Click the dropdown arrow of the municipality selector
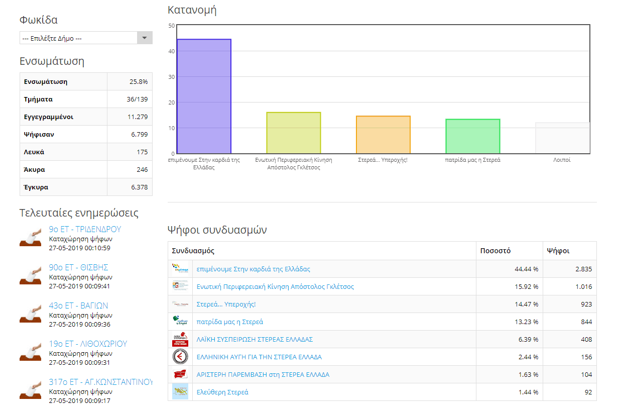click(x=145, y=38)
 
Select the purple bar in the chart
click(x=204, y=96)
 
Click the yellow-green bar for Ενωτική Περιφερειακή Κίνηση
click(x=294, y=133)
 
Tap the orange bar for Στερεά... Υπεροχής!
click(x=383, y=135)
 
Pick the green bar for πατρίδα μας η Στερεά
click(x=473, y=136)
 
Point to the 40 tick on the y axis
click(x=172, y=51)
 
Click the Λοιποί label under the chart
click(x=562, y=160)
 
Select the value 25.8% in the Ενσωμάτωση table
click(x=139, y=82)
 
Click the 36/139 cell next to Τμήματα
click(x=137, y=99)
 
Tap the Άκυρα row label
click(x=34, y=170)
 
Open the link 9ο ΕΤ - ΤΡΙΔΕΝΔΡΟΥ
click(x=85, y=229)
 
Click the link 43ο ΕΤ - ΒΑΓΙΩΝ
click(x=78, y=305)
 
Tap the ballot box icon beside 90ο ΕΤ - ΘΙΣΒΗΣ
click(x=31, y=275)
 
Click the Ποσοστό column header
click(x=496, y=251)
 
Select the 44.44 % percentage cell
click(x=527, y=269)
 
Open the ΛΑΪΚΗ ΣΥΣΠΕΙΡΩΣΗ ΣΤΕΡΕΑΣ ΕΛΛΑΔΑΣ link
click(x=255, y=340)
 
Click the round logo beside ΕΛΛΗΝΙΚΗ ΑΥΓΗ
click(x=180, y=357)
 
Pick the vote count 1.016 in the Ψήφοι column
click(x=584, y=286)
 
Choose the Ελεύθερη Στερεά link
click(x=222, y=392)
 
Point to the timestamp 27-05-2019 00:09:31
click(x=80, y=363)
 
